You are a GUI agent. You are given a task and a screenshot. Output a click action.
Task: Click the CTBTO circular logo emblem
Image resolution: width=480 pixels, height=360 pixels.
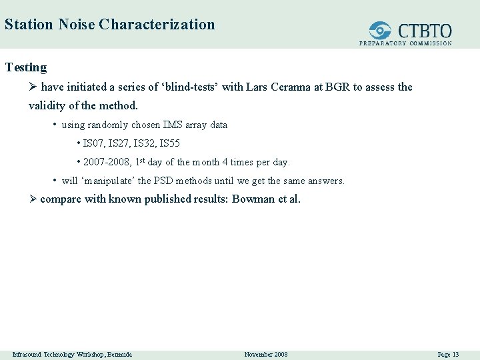(x=381, y=31)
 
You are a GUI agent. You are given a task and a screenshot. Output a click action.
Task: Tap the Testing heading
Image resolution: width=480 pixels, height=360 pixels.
(x=26, y=67)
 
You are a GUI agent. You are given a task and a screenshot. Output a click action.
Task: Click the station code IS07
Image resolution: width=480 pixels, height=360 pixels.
(x=93, y=143)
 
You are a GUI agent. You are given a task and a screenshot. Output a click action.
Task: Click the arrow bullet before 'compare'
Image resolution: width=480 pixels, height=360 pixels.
(x=33, y=199)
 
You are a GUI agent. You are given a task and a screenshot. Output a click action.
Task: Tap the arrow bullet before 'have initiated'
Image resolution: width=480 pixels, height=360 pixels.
(x=33, y=87)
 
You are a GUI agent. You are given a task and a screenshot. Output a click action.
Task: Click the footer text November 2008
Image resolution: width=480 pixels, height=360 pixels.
(x=266, y=354)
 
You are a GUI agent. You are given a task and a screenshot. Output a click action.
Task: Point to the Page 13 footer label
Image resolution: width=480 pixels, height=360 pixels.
(x=447, y=354)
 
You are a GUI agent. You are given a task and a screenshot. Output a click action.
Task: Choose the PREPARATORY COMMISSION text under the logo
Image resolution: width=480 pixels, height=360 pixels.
(x=405, y=43)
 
